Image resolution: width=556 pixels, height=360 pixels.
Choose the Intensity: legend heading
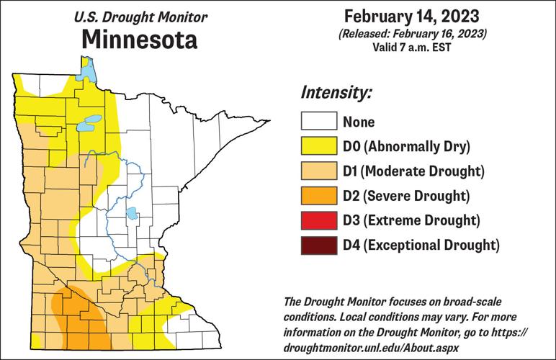pyautogui.click(x=336, y=94)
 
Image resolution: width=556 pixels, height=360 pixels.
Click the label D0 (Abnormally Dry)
pyautogui.click(x=406, y=147)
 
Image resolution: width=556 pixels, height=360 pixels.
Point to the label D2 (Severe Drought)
pyautogui.click(x=407, y=196)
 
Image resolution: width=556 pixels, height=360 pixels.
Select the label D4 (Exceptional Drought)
pyautogui.click(x=421, y=244)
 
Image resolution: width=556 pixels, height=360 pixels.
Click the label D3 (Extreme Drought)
pyautogui.click(x=411, y=220)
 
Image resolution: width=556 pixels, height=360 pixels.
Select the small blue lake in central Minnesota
pyautogui.click(x=132, y=214)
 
